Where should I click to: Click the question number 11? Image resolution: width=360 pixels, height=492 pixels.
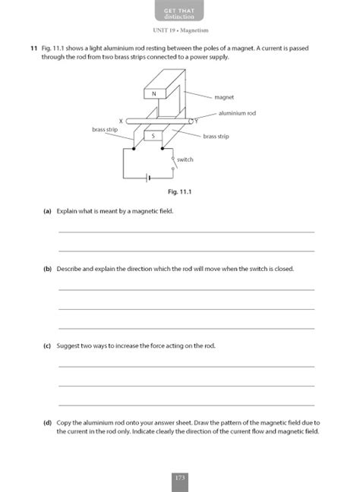34,48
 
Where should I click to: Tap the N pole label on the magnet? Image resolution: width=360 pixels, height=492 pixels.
154,93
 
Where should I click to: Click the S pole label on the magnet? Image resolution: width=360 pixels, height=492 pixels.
155,136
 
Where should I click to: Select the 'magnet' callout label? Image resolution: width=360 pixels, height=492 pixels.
224,97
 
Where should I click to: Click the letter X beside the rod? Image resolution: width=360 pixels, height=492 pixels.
122,121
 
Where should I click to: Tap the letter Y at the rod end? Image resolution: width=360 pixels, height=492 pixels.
196,120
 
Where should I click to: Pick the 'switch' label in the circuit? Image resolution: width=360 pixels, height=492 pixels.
185,159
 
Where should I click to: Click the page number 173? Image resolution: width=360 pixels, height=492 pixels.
180,478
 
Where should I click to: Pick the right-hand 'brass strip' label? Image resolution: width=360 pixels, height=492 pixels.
216,136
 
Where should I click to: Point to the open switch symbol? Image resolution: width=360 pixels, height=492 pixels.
172,160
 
